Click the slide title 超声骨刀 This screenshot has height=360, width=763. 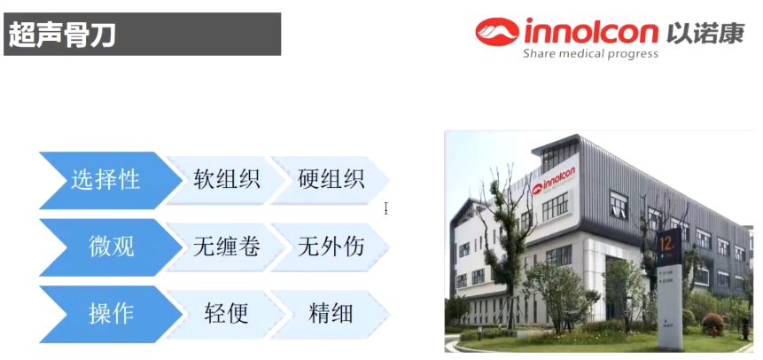61,35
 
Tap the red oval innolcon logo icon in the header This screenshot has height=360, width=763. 497,32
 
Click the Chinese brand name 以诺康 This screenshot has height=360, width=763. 705,32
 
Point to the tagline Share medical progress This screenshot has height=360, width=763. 590,53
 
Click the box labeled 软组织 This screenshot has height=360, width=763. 226,180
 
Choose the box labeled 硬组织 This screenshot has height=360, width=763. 331,180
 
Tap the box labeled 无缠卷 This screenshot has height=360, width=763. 226,247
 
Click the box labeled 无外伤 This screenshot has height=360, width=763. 331,247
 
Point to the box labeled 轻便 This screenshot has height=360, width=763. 226,314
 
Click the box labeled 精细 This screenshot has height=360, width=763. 331,314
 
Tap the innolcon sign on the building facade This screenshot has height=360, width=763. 554,178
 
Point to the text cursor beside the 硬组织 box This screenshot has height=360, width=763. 385,208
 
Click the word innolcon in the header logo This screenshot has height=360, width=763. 591,32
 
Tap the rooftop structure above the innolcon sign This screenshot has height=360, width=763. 556,151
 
